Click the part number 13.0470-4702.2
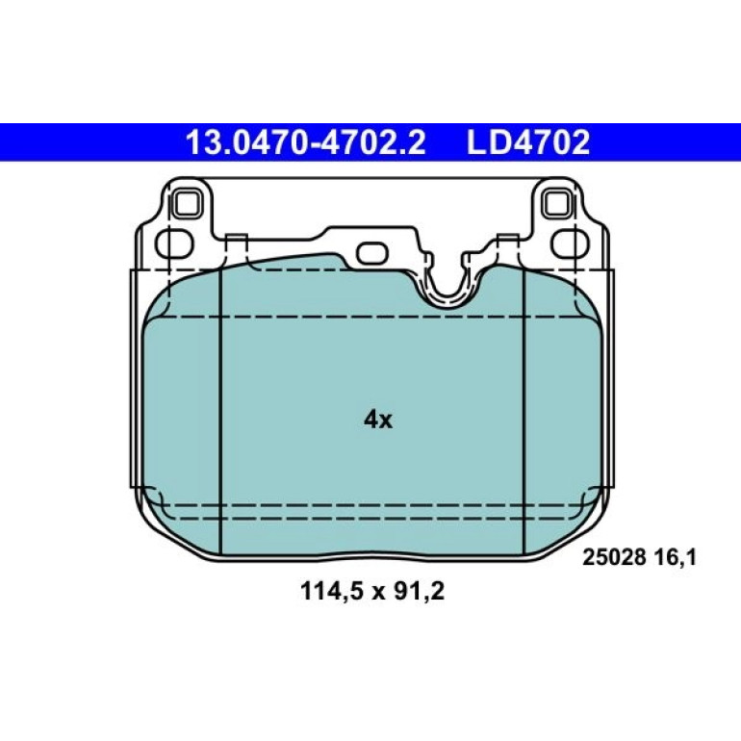[x=306, y=142]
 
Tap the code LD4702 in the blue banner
[x=528, y=142]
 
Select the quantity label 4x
[x=378, y=420]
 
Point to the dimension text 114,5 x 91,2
[x=372, y=591]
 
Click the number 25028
[x=614, y=558]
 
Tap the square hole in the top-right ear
[x=557, y=204]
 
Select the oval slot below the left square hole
[x=175, y=243]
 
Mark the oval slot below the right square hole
[x=570, y=243]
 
